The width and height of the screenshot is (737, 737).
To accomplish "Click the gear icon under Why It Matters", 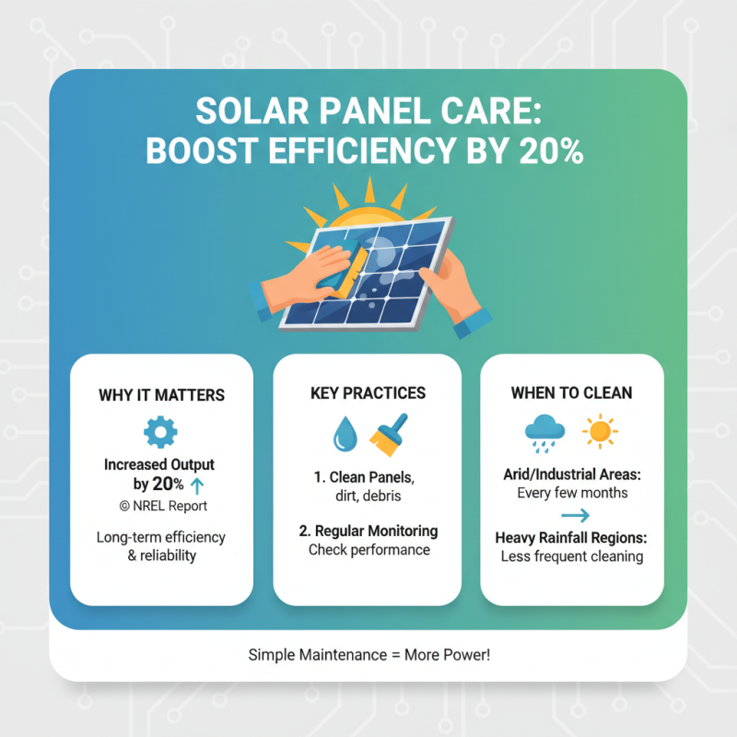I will coord(160,431).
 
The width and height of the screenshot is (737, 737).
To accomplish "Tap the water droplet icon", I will coord(345,434).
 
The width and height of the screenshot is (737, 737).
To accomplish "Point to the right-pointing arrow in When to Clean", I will coord(575,516).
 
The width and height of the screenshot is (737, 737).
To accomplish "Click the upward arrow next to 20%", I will coord(194,484).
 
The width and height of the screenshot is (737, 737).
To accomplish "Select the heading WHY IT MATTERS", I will coord(161,395).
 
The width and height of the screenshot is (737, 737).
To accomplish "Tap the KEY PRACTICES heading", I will coord(368,393).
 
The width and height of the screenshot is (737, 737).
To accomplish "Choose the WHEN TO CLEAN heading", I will coord(571,393).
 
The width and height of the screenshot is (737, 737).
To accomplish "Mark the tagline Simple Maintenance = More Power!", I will coord(368,654).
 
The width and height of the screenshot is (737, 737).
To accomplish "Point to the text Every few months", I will coord(571,493).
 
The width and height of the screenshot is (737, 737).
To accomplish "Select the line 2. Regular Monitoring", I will coord(368,532).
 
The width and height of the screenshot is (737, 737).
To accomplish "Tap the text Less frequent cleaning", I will coord(571,556).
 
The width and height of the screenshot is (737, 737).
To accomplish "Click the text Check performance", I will coord(368,550).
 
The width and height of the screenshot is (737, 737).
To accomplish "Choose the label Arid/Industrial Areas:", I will coord(571,474).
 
